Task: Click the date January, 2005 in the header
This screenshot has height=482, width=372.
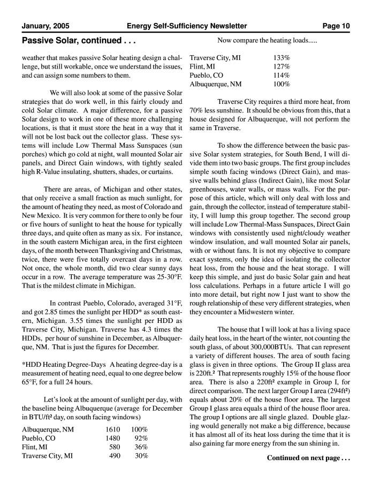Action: click(x=45, y=26)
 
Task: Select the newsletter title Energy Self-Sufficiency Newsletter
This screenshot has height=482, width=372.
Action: click(x=187, y=26)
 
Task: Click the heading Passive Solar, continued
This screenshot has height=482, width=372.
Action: click(x=79, y=40)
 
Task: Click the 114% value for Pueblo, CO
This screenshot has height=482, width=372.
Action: click(x=282, y=76)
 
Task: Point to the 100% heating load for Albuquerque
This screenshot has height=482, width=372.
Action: click(x=282, y=85)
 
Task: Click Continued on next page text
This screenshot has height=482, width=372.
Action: click(x=308, y=458)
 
